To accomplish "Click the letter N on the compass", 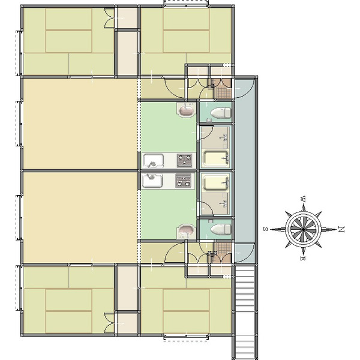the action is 341,229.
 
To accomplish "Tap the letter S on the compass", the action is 265,229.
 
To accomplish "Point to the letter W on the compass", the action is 303,199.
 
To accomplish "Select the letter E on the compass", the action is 303,258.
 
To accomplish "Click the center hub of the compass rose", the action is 303,229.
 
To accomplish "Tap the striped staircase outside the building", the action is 245,312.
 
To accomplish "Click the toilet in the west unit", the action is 221,113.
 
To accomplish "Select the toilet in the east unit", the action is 221,230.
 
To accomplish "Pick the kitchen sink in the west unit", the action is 153,161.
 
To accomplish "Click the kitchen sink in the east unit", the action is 152,181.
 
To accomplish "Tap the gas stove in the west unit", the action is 184,160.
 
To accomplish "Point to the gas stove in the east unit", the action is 184,181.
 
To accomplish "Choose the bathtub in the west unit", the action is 216,158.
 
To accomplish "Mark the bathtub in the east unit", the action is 216,183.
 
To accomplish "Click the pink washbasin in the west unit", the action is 187,110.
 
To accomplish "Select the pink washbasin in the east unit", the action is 187,232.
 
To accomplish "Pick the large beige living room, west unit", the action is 80,124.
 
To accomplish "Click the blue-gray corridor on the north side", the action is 245,170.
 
